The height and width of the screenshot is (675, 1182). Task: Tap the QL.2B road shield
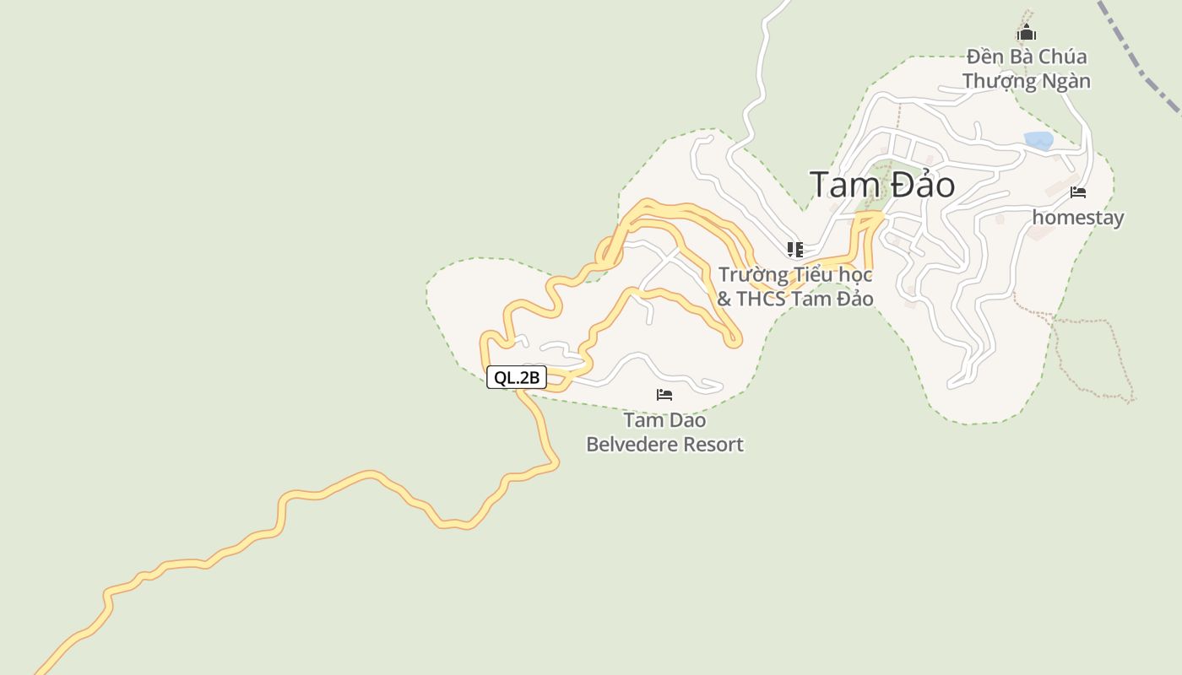(x=517, y=377)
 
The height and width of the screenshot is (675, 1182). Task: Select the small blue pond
(x=1038, y=140)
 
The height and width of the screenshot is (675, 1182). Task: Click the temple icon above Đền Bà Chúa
(x=1026, y=33)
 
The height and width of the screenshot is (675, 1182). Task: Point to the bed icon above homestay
(x=1078, y=192)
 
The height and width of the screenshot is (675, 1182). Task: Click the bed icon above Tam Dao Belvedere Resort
(x=664, y=395)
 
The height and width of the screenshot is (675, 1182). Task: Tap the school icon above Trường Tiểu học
(x=794, y=249)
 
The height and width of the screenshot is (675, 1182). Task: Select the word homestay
(x=1078, y=218)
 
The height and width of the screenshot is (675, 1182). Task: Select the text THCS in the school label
(x=762, y=299)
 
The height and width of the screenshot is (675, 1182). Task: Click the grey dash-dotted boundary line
(x=1140, y=59)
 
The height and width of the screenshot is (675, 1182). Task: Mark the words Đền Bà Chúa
(x=1027, y=57)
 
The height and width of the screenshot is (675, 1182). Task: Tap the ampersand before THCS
(x=724, y=299)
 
